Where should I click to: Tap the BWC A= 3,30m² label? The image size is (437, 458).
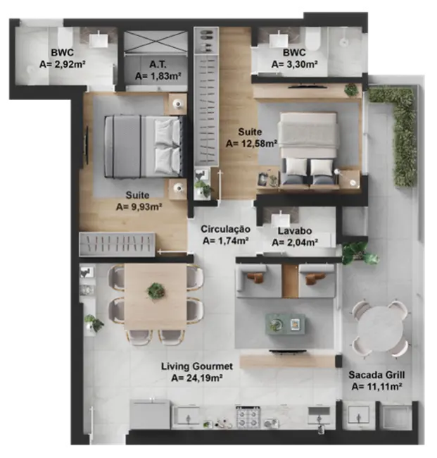tap(293, 58)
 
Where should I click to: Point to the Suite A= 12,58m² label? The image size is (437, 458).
tap(251, 137)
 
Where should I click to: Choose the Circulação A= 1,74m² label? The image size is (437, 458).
tap(225, 235)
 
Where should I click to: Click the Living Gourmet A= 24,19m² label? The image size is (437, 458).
tap(197, 371)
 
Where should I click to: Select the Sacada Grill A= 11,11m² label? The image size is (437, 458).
tap(376, 380)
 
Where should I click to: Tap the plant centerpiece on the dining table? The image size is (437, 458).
tap(156, 290)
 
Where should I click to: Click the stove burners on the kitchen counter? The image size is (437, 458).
tap(248, 417)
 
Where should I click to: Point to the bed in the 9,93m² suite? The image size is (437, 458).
tap(144, 147)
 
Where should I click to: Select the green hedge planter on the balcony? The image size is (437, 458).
tap(403, 134)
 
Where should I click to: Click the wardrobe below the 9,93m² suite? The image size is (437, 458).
tap(117, 245)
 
